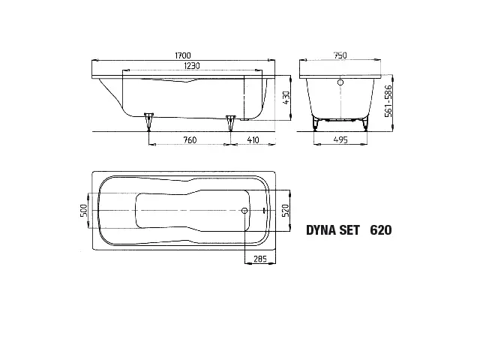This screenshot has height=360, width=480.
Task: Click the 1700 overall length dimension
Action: (182, 55)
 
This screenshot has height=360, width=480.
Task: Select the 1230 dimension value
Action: (192, 67)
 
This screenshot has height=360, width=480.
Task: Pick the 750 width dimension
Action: (340, 55)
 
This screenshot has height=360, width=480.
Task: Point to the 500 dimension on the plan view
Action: (85, 211)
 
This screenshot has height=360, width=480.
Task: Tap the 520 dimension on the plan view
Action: (285, 211)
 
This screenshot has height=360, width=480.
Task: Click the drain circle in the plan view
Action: (245, 211)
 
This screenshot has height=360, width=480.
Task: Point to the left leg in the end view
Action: (316, 121)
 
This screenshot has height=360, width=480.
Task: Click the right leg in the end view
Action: (365, 121)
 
